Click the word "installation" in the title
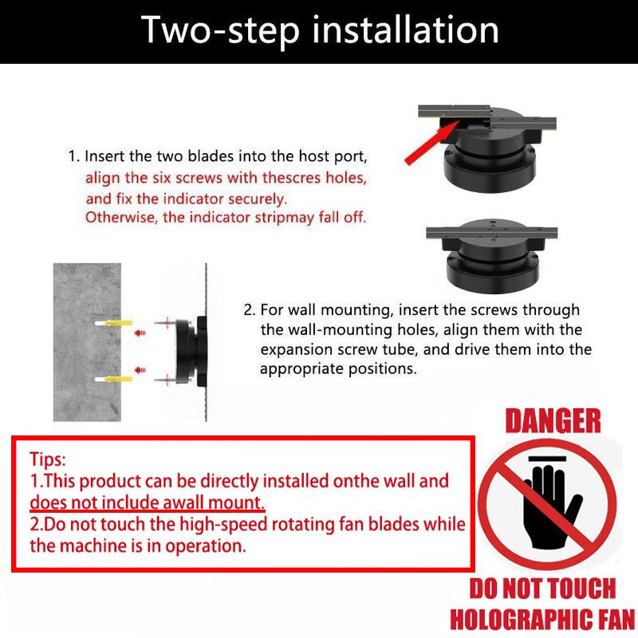(405, 30)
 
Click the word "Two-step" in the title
(220, 31)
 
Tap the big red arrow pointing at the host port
(431, 143)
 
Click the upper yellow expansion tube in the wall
(118, 323)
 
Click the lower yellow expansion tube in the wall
(118, 380)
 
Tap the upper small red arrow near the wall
(140, 333)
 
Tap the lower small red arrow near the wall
(140, 370)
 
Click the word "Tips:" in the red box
(48, 460)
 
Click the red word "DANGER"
(553, 421)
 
